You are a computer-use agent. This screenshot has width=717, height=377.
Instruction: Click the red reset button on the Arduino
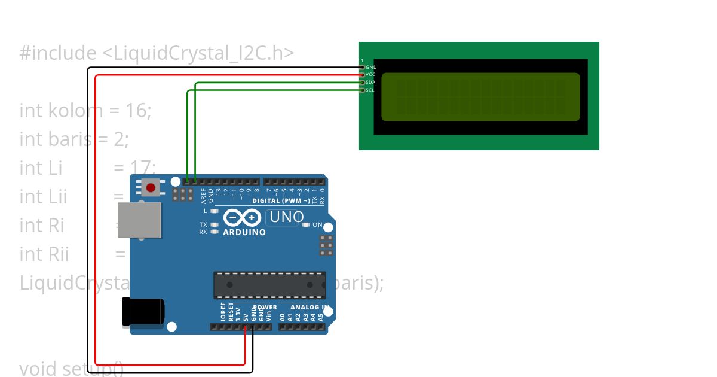[151, 187]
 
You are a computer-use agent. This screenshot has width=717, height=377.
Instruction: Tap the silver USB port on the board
[139, 221]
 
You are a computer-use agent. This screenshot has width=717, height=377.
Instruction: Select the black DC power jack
[142, 312]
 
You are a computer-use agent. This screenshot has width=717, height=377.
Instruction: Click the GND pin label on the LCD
[370, 68]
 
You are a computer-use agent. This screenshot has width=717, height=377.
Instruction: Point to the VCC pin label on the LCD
[370, 75]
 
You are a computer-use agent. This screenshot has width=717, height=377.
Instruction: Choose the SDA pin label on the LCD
[370, 83]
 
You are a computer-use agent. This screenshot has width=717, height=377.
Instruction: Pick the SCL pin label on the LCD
[370, 90]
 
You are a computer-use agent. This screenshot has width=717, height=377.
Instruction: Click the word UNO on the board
[287, 217]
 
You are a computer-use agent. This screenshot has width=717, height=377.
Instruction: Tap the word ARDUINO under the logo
[244, 232]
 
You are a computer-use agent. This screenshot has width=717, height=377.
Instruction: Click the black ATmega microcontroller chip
[269, 285]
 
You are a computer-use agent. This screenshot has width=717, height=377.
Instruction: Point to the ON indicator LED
[306, 225]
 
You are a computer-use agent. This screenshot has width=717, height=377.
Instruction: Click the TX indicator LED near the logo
[214, 225]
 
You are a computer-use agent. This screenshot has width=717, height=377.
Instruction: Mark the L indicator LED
[214, 211]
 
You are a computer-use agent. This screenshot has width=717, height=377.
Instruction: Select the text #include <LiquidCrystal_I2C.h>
[157, 53]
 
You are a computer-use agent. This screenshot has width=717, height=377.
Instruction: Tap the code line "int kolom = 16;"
[85, 110]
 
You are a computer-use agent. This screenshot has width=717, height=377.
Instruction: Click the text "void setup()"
[72, 368]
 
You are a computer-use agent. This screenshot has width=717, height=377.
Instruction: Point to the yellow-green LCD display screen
[480, 97]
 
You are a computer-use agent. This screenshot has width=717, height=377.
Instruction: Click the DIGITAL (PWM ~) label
[281, 201]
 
